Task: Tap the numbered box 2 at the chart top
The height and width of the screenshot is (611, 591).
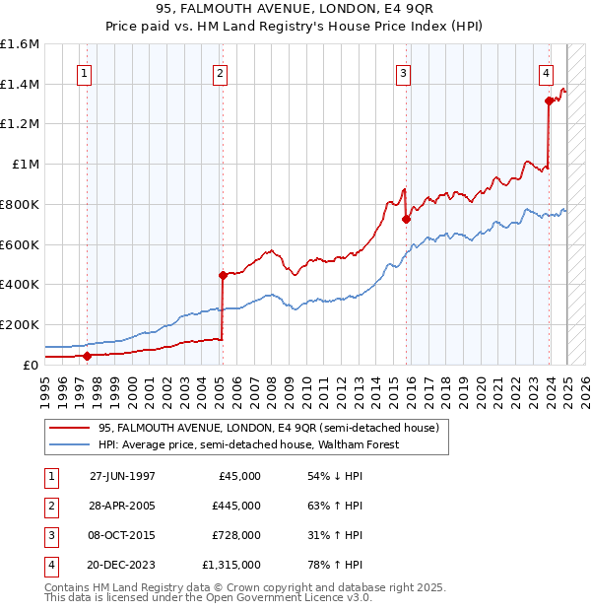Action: [220, 72]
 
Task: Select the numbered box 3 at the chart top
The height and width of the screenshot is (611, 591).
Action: [403, 72]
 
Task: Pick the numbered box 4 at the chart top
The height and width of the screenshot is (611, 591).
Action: [545, 72]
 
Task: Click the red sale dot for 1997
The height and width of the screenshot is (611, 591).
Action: [87, 356]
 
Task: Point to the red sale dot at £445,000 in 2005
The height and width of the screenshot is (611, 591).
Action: [223, 275]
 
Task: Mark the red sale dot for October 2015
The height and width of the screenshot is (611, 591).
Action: [406, 219]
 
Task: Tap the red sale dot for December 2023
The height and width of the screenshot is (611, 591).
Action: [549, 101]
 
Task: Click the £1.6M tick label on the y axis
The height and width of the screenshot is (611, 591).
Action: [20, 44]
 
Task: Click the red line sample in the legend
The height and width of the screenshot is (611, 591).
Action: [71, 428]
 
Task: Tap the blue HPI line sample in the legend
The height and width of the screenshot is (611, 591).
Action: [71, 444]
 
